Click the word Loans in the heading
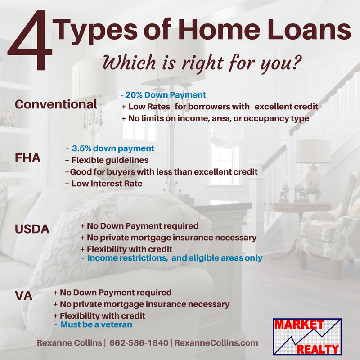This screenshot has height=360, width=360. pyautogui.click(x=309, y=29)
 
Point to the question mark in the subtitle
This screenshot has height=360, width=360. pyautogui.click(x=296, y=62)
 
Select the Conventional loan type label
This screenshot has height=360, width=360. pyautogui.click(x=56, y=104)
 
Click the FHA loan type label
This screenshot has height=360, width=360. pyautogui.click(x=28, y=158)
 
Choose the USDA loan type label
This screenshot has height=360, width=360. pyautogui.click(x=32, y=229)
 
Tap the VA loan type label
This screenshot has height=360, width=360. pyautogui.click(x=24, y=296)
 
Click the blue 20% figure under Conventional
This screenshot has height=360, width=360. pyautogui.click(x=134, y=95)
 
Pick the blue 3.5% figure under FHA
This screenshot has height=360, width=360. pyautogui.click(x=82, y=148)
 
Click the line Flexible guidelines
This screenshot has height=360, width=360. pyautogui.click(x=110, y=160)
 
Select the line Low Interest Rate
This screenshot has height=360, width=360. pyautogui.click(x=107, y=184)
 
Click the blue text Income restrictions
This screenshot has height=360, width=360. pyautogui.click(x=127, y=258)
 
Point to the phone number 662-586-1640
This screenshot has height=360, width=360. pyautogui.click(x=139, y=343)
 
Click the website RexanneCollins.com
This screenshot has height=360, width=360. pyautogui.click(x=216, y=343)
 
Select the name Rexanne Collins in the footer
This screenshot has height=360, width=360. pyautogui.click(x=69, y=343)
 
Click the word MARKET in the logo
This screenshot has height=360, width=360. pyautogui.click(x=299, y=324)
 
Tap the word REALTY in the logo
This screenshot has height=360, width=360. pyautogui.click(x=318, y=349)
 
